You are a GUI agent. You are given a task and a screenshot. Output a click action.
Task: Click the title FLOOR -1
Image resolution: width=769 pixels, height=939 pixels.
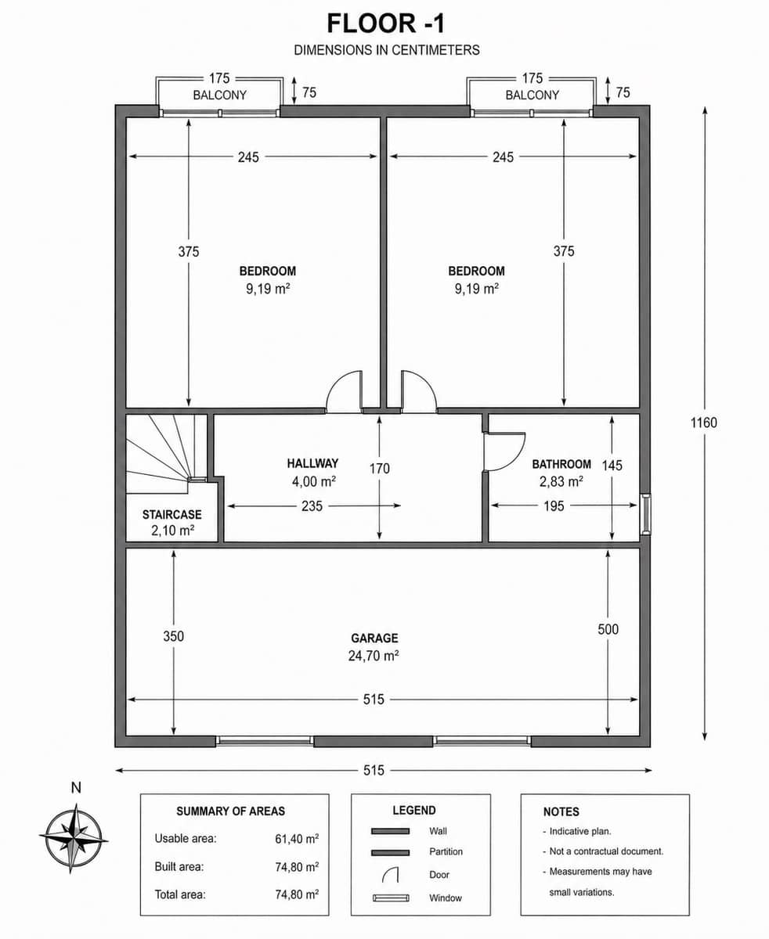coord(386,23)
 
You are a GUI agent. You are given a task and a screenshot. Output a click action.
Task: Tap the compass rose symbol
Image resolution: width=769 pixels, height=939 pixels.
coord(74,837)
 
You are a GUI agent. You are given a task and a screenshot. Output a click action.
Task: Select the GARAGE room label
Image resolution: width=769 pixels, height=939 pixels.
coord(374,639)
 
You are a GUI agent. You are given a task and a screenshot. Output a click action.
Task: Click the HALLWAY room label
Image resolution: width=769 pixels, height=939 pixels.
coord(312,463)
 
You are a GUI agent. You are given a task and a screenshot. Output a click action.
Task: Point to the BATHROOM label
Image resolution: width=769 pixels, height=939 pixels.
coord(561,464)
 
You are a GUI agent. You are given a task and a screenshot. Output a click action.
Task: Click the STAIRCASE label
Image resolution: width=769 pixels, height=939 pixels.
coord(171,515)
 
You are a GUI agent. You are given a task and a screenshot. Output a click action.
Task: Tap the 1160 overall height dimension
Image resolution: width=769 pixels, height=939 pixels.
coord(703,423)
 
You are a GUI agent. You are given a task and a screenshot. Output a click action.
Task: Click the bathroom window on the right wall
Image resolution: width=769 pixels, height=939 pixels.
coord(645,514)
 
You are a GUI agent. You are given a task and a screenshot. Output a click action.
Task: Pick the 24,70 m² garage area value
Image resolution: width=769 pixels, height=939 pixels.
coord(374,657)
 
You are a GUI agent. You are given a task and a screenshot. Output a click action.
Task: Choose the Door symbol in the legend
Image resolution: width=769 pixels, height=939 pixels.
coord(391,875)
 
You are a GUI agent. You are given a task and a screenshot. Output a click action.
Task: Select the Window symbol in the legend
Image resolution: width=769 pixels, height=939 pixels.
coord(391,898)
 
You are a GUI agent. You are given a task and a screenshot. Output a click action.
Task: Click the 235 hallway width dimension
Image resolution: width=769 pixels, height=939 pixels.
coord(312,506)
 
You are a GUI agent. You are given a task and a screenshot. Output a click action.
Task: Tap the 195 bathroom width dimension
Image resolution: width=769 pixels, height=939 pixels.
coord(553,506)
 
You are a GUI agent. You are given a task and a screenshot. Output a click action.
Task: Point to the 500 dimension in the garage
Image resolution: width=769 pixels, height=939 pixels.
coord(608,629)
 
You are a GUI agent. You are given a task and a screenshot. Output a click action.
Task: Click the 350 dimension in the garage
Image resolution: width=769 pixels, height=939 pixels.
coord(173,636)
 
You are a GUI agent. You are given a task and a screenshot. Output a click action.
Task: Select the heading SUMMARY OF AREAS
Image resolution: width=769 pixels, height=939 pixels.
coord(230,811)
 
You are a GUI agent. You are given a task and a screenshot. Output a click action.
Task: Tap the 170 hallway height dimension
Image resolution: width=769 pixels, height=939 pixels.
coord(380,469)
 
